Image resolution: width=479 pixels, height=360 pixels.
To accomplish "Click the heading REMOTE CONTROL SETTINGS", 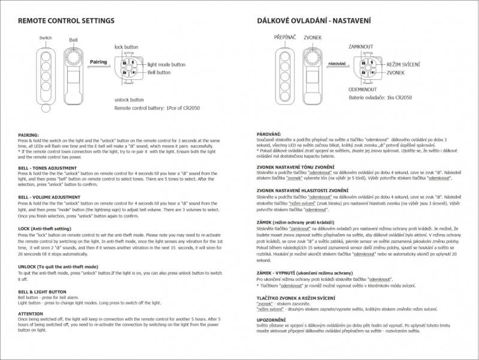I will tap(66, 20).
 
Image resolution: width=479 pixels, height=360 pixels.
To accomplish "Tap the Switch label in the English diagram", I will tap(46, 38).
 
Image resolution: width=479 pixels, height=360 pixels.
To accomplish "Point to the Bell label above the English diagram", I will tap(73, 40).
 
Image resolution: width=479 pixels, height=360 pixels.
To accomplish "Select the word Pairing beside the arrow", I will tap(98, 62).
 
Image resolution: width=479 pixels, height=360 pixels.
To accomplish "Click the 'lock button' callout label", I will tap(126, 46).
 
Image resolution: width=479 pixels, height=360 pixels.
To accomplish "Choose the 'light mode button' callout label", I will tap(166, 64).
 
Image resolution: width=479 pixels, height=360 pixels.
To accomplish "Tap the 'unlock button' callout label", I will tap(129, 100).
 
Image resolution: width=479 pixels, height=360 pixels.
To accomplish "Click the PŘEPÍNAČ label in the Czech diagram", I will tap(286, 38).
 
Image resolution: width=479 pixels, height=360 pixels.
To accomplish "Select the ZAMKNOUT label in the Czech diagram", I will tap(362, 46).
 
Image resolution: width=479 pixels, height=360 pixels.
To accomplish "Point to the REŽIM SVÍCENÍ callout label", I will tap(403, 64).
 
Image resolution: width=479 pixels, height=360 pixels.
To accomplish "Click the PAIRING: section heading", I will tap(28, 135).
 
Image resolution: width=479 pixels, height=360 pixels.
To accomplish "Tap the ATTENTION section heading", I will tap(31, 313).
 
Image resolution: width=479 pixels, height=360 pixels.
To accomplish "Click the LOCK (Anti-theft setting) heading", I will tap(45, 229).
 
